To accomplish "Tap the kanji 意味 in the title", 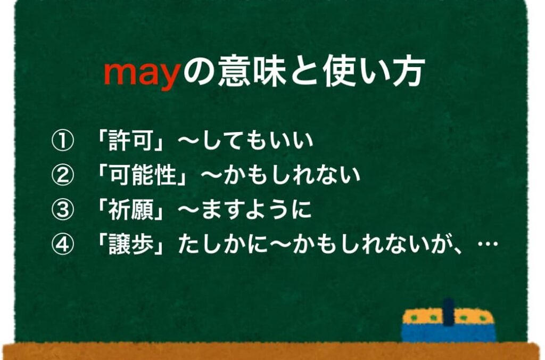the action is pos(252,72).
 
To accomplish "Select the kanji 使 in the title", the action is pos(339,72).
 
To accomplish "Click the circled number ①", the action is pos(63,141).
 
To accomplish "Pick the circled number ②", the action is pos(63,175).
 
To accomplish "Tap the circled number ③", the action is pos(63,209).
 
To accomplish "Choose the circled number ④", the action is pos(63,244).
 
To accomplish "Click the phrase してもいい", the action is pos(257,141).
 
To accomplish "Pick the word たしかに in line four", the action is pos(223,244).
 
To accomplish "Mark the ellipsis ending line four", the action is pos(488,243).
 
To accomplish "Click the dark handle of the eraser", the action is pos(448,312).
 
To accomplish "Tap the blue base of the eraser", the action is pos(448,332).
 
